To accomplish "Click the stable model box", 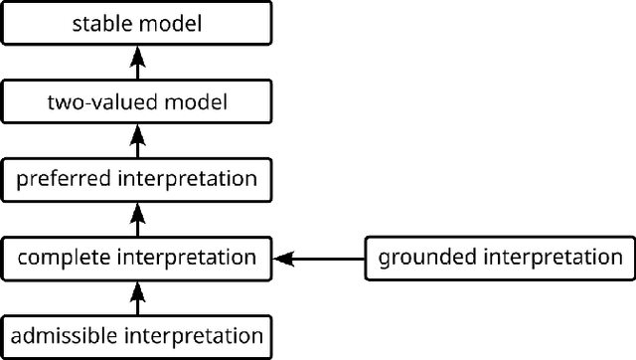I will (137, 22).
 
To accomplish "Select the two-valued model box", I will (137, 100).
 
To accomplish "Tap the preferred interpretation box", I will (137, 179).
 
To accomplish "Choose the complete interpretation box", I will (137, 258).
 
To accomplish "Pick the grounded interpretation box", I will (498, 258).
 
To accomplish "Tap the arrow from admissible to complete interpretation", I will (137, 296).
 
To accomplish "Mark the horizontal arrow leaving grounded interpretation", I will (323, 259).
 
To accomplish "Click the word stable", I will (98, 22).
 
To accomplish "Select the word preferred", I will (58, 179).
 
